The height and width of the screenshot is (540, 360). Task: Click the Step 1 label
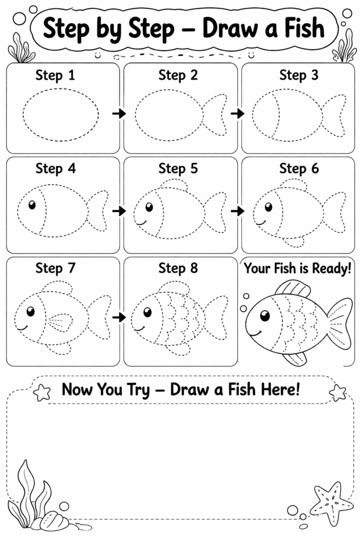(55, 75)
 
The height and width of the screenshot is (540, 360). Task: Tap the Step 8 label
(178, 268)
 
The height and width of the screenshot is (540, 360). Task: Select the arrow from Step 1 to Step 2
(120, 113)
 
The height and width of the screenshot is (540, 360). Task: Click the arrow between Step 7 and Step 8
(120, 317)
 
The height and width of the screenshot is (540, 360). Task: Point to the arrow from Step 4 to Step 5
(120, 211)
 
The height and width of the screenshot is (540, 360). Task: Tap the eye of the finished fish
(265, 315)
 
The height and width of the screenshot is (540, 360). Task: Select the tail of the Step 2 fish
(215, 114)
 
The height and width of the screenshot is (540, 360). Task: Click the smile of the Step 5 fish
(140, 222)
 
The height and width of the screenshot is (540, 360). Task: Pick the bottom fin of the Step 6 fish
(293, 242)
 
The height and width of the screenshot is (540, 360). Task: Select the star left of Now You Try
(41, 392)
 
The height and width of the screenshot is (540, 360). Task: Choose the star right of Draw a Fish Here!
(337, 392)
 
